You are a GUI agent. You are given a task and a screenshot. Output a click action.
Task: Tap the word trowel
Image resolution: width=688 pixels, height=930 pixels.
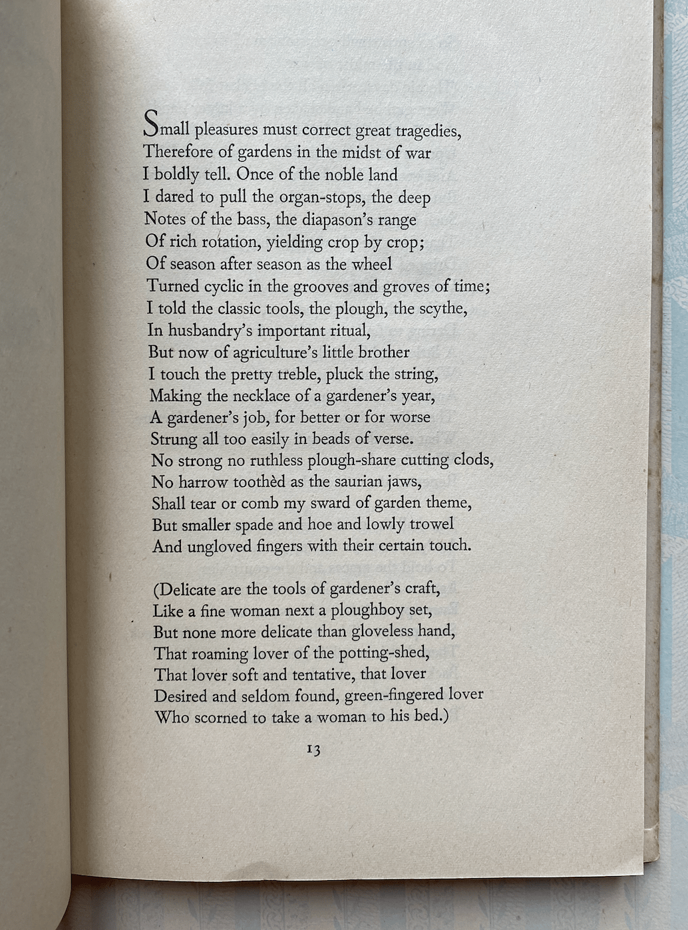[431, 524]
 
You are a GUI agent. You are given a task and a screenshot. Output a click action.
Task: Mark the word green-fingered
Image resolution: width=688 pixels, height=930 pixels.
[386, 695]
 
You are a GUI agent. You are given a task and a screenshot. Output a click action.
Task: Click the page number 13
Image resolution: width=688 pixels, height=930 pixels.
[313, 750]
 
